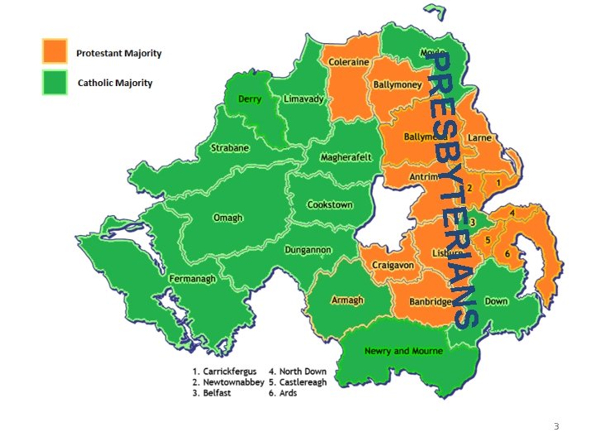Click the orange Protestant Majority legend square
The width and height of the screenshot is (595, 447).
(55, 51)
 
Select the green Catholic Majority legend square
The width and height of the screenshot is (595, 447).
(55, 82)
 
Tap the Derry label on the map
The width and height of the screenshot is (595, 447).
(250, 99)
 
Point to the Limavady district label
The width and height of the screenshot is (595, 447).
(303, 99)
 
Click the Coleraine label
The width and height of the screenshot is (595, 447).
(349, 62)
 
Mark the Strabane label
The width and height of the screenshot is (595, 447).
(229, 148)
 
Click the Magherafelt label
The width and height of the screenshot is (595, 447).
(346, 157)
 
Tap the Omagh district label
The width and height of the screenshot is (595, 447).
(228, 218)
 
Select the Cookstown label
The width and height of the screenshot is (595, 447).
(330, 204)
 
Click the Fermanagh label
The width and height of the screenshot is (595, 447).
(193, 279)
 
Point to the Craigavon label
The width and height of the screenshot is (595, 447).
(393, 265)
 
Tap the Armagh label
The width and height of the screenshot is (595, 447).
(346, 300)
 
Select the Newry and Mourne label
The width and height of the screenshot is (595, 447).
(403, 351)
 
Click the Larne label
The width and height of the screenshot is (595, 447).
(479, 138)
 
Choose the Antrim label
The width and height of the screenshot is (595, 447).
(423, 176)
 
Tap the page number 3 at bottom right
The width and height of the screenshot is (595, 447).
(556, 426)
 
